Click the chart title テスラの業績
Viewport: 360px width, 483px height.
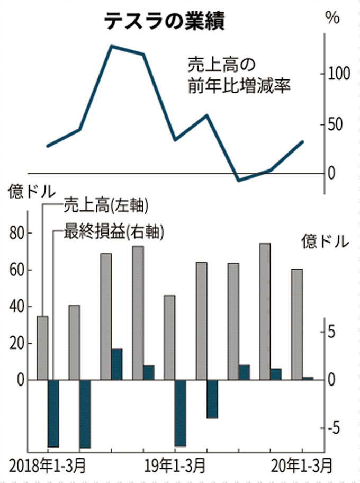tap(164, 21)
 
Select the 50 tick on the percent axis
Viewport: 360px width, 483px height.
tap(340, 125)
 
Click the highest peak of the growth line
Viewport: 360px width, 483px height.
tap(112, 47)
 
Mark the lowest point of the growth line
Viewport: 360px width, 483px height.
tap(239, 181)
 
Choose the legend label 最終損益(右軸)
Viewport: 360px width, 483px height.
tap(113, 231)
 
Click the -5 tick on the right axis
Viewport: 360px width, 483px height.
tap(337, 428)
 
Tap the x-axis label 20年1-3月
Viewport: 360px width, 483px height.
tap(302, 466)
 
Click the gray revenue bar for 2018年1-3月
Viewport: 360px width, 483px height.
tap(42, 348)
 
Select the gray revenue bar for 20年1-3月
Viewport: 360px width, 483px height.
tap(297, 324)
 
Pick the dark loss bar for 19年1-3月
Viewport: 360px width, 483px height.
tap(181, 413)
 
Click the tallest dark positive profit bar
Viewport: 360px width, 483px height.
tap(117, 364)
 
